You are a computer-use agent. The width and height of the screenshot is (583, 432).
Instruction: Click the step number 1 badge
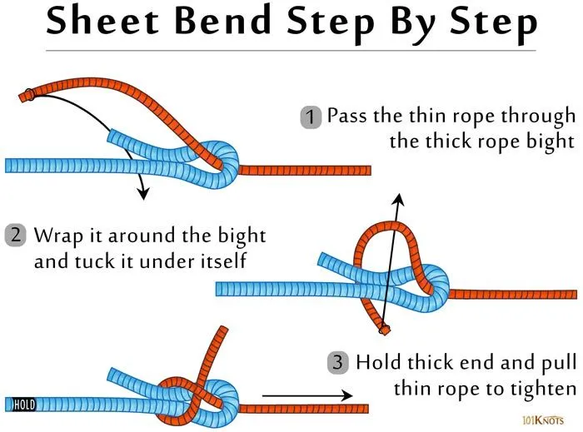click(310, 118)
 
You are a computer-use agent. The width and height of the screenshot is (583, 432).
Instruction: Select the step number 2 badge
click(16, 236)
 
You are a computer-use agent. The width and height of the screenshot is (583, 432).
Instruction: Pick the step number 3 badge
click(337, 363)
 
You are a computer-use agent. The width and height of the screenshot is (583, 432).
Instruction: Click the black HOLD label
click(24, 405)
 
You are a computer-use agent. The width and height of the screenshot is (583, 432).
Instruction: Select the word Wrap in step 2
click(55, 235)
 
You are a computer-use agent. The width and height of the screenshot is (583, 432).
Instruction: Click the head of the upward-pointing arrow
click(399, 199)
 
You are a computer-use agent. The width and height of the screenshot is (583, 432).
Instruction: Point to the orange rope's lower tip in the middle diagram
click(385, 330)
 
